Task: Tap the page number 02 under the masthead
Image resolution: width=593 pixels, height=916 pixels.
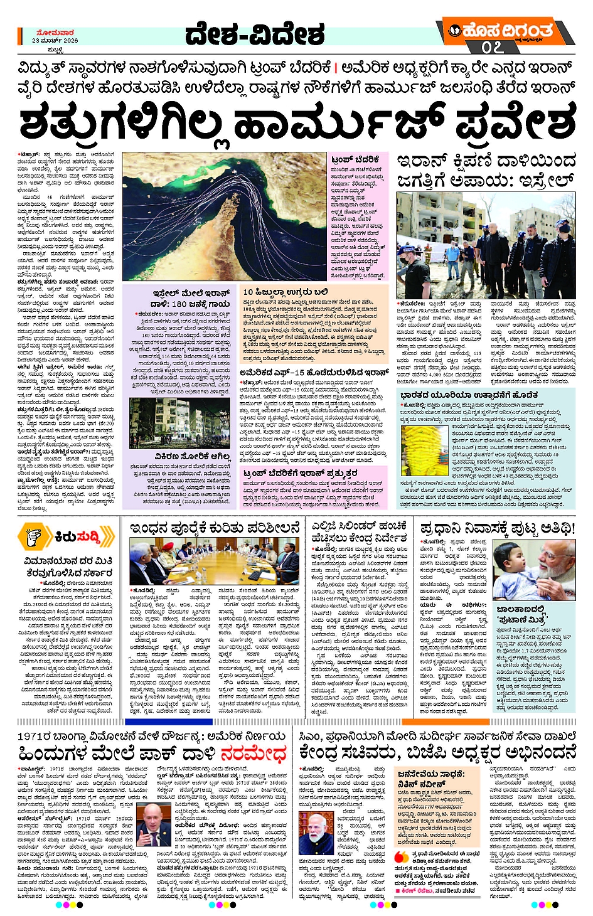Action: (x=493, y=47)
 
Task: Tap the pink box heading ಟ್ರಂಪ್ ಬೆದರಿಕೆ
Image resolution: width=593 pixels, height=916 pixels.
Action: (x=355, y=160)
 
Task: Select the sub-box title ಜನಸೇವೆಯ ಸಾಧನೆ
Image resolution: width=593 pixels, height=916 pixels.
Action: (x=427, y=774)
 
